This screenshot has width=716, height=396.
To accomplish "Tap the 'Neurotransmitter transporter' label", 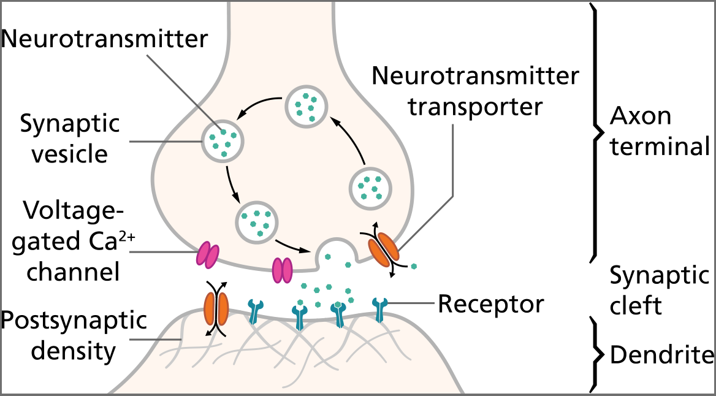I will (x=475, y=92).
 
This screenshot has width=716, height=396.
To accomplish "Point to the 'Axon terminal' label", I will (x=659, y=131).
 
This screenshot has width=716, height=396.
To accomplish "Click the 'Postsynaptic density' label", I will (x=74, y=336).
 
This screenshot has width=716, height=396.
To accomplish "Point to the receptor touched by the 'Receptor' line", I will (x=381, y=310).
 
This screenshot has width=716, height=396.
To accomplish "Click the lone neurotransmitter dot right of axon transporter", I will (x=414, y=266).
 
